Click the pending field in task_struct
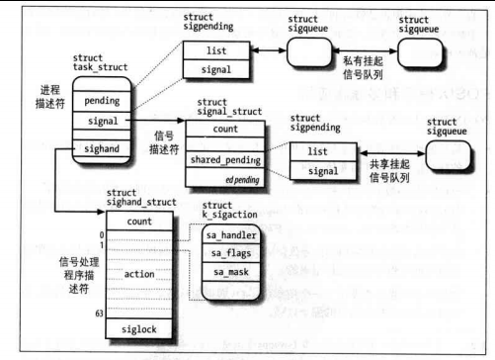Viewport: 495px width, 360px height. (x=102, y=100)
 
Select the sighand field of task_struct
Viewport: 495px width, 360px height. (x=102, y=147)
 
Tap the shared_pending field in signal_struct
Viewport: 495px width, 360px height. (x=225, y=160)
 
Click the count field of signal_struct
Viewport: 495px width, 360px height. (x=225, y=130)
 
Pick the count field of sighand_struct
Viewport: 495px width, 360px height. (x=139, y=222)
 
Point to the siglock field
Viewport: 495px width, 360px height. (x=139, y=328)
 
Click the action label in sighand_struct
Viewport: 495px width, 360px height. (x=139, y=274)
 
